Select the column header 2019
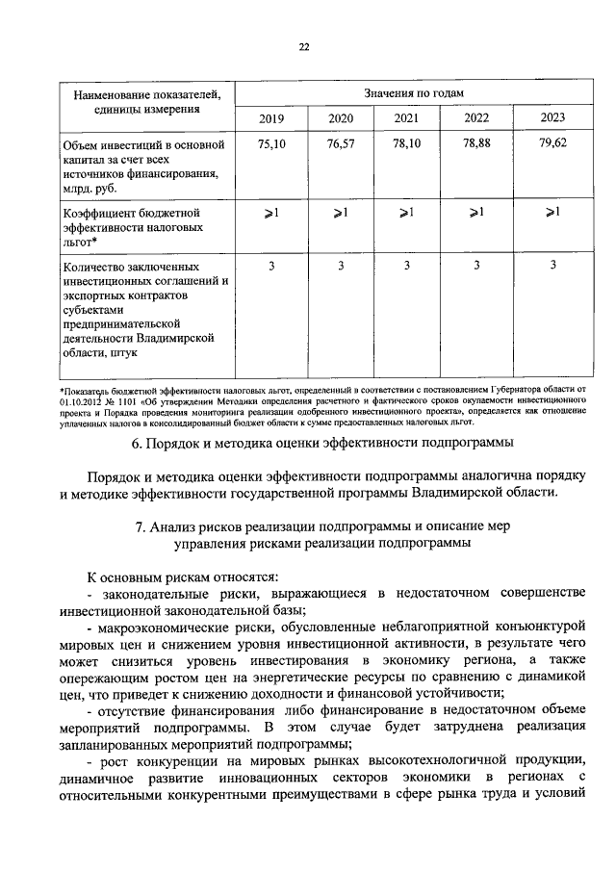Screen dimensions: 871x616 pyautogui.click(x=271, y=118)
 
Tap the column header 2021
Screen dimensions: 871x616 pyautogui.click(x=406, y=118)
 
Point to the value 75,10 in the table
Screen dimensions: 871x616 pyautogui.click(x=272, y=143)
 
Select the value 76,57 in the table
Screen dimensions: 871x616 pyautogui.click(x=341, y=143)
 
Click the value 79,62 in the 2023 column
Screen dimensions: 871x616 pyautogui.click(x=552, y=143)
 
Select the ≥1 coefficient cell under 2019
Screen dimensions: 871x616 pyautogui.click(x=272, y=212)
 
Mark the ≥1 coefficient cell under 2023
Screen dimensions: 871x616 pyautogui.click(x=552, y=212)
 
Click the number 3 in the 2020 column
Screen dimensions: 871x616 pyautogui.click(x=341, y=265)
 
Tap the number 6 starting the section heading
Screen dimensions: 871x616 pyautogui.click(x=135, y=443)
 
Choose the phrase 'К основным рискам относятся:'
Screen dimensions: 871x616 pyautogui.click(x=181, y=576)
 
